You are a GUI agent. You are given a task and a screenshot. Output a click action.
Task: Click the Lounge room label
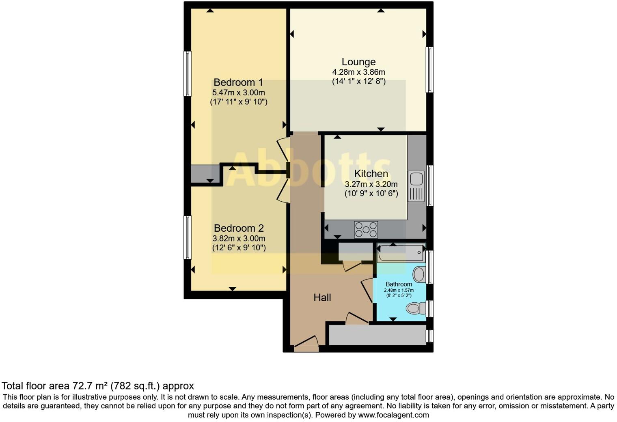pyautogui.click(x=358, y=62)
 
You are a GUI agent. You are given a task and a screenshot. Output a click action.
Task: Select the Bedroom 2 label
pyautogui.click(x=239, y=228)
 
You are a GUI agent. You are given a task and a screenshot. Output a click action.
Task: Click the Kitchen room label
pyautogui.click(x=371, y=174)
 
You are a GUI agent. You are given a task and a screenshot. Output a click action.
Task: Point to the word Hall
pyautogui.click(x=322, y=297)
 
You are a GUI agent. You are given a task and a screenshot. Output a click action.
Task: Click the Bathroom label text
pyautogui.click(x=399, y=284)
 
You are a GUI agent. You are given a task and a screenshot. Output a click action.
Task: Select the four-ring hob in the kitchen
pyautogui.click(x=366, y=230)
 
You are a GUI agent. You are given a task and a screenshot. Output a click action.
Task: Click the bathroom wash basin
pyautogui.click(x=419, y=274)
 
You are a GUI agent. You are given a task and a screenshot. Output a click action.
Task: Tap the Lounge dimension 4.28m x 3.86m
pyautogui.click(x=358, y=72)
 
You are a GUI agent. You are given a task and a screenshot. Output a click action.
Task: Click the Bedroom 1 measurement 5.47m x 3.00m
pyautogui.click(x=238, y=93)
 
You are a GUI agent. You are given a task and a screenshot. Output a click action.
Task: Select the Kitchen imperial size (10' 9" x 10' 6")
pyautogui.click(x=371, y=194)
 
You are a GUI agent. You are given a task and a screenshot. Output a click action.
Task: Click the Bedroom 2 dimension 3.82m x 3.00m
pyautogui.click(x=239, y=238)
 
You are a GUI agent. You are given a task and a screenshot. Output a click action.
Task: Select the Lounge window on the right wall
pyautogui.click(x=429, y=69)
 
